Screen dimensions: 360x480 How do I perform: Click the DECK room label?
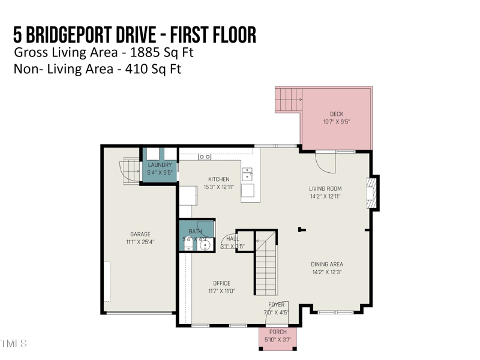click(337, 114)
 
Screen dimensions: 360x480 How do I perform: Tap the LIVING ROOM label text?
click(325, 189)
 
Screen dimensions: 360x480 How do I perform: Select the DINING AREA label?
click(326, 264)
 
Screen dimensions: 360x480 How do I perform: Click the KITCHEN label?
click(218, 179)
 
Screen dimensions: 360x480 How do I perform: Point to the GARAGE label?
click(140, 235)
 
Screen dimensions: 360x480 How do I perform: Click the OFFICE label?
click(221, 283)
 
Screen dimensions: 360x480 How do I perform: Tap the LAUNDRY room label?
click(160, 165)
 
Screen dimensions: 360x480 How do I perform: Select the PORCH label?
click(278, 332)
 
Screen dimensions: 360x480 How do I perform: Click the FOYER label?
click(277, 305)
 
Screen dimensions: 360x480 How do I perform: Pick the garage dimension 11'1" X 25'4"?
click(140, 242)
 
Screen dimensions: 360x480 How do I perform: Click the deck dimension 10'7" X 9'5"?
click(337, 122)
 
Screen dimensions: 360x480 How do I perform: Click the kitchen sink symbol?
click(247, 174)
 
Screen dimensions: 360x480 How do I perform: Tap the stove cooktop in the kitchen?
click(205, 157)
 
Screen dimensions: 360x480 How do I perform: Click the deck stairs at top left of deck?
click(288, 99)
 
